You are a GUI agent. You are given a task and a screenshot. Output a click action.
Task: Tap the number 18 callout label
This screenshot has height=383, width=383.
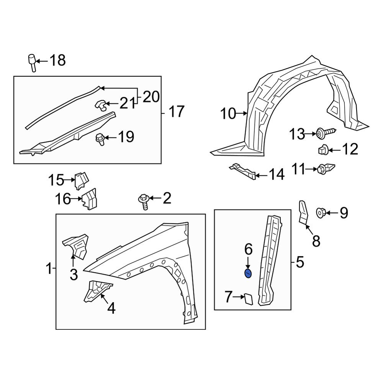pyautogui.click(x=58, y=61)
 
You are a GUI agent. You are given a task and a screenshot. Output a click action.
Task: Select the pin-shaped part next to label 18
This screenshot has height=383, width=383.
pyautogui.click(x=32, y=62)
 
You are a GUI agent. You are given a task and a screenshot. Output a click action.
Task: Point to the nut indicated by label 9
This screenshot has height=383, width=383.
pyautogui.click(x=321, y=212)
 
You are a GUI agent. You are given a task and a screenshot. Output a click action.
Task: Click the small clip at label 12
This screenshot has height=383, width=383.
pyautogui.click(x=322, y=149)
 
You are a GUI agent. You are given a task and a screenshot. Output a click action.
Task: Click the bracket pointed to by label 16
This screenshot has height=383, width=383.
pyautogui.click(x=89, y=199)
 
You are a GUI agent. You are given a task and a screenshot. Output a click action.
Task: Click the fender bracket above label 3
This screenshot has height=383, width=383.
pyautogui.click(x=76, y=246)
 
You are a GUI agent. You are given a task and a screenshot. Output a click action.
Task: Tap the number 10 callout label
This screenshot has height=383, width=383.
pyautogui.click(x=229, y=114)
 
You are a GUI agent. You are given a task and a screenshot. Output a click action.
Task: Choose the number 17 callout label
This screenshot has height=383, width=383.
pyautogui.click(x=176, y=112)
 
